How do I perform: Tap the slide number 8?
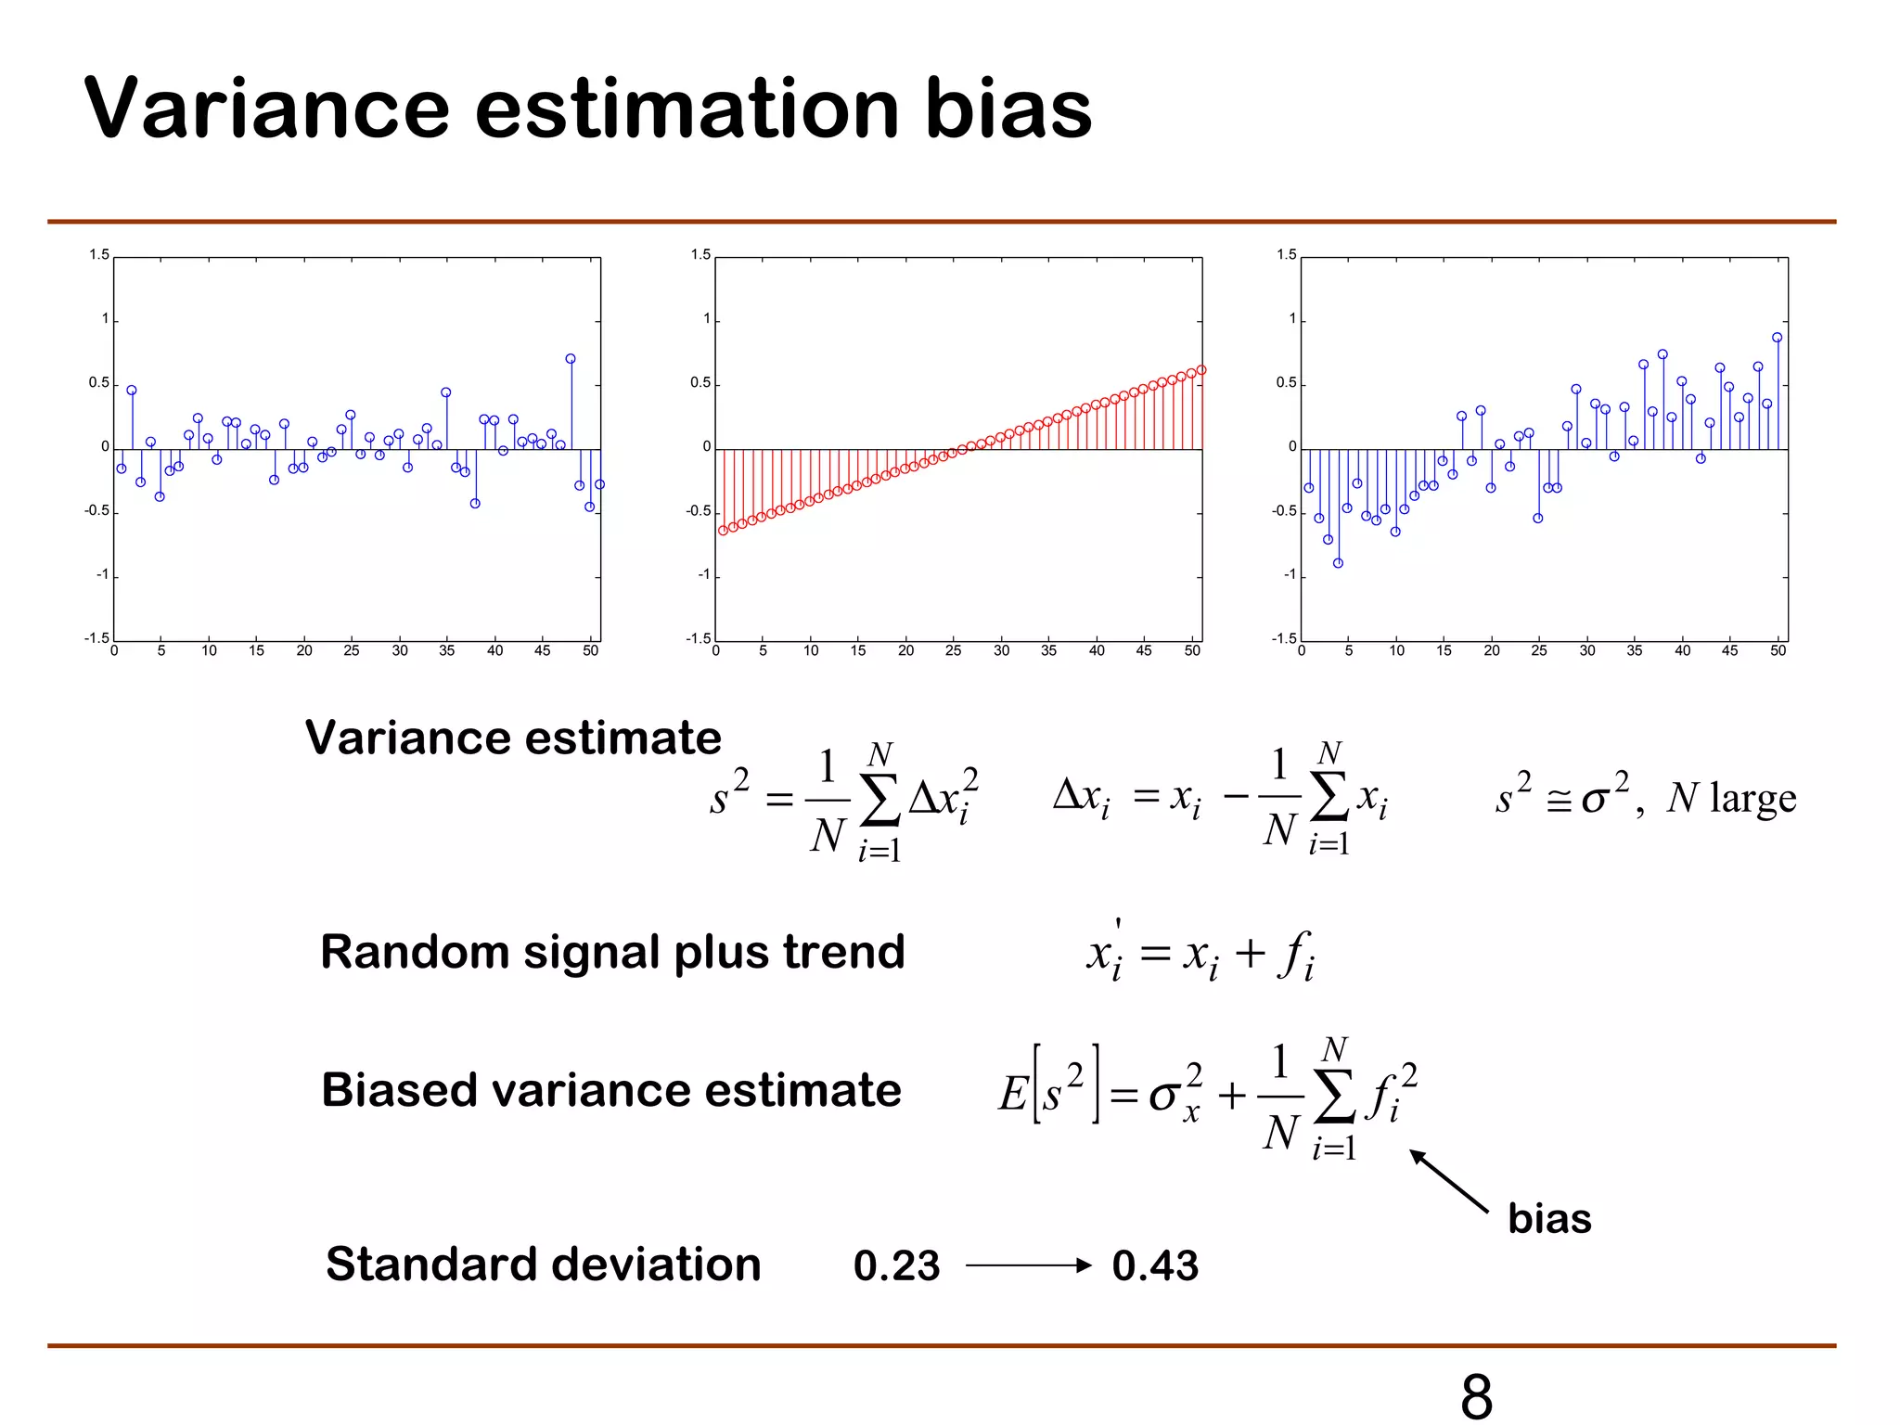pos(1476,1395)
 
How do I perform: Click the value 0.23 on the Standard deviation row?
pos(896,1265)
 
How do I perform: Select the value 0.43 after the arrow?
pos(1155,1265)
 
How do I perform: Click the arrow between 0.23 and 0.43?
pos(1028,1265)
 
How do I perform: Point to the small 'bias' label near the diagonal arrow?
pos(1549,1218)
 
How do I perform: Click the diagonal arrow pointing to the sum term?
pos(1448,1181)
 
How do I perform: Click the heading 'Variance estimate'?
pos(513,738)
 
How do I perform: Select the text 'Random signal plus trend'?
pos(612,952)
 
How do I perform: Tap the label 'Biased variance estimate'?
pos(611,1090)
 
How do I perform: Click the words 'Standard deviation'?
pos(544,1265)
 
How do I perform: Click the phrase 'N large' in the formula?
pos(1731,798)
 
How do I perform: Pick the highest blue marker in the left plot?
pos(571,359)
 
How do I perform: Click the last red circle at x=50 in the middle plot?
pos(1201,370)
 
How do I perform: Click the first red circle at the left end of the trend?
pos(724,531)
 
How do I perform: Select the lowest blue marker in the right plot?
pos(1338,563)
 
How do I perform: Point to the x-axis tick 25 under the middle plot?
pos(953,651)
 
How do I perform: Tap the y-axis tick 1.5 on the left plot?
pos(99,255)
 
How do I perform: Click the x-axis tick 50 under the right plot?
pos(1778,651)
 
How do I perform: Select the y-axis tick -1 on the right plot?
pos(1289,575)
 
